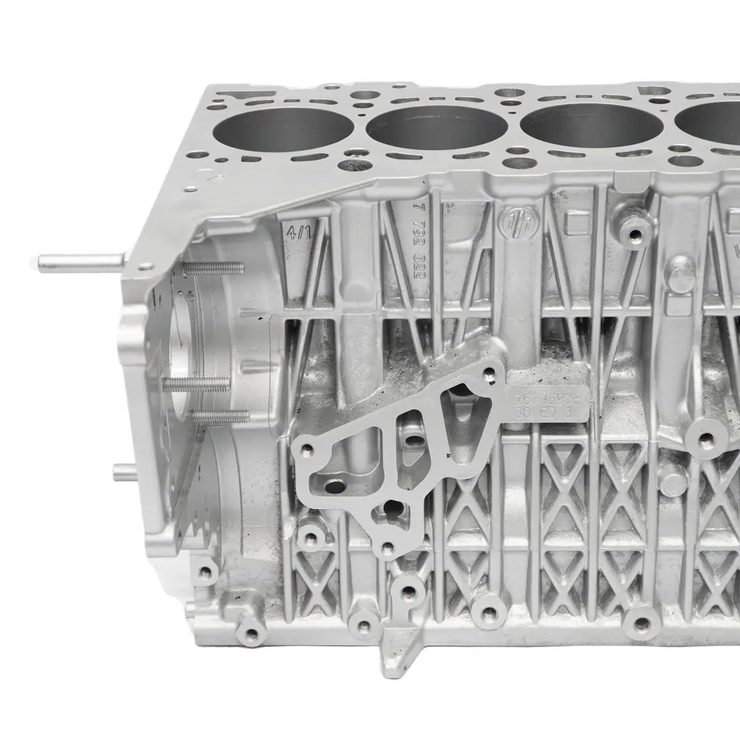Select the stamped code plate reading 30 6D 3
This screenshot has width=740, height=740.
[x=547, y=404]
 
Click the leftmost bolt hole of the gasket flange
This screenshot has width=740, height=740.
[x=306, y=449]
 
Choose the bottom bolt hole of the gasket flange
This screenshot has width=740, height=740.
[x=388, y=547]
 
